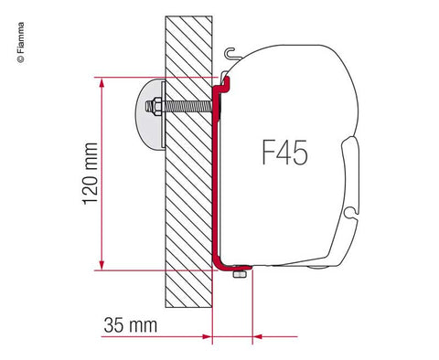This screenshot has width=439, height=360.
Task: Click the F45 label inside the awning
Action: point(279,154)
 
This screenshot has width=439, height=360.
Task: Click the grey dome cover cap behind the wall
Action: point(149,111)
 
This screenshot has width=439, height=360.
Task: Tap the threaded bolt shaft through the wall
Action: point(192,111)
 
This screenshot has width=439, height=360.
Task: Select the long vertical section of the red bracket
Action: point(214,183)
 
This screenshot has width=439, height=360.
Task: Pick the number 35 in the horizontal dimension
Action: point(114,324)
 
